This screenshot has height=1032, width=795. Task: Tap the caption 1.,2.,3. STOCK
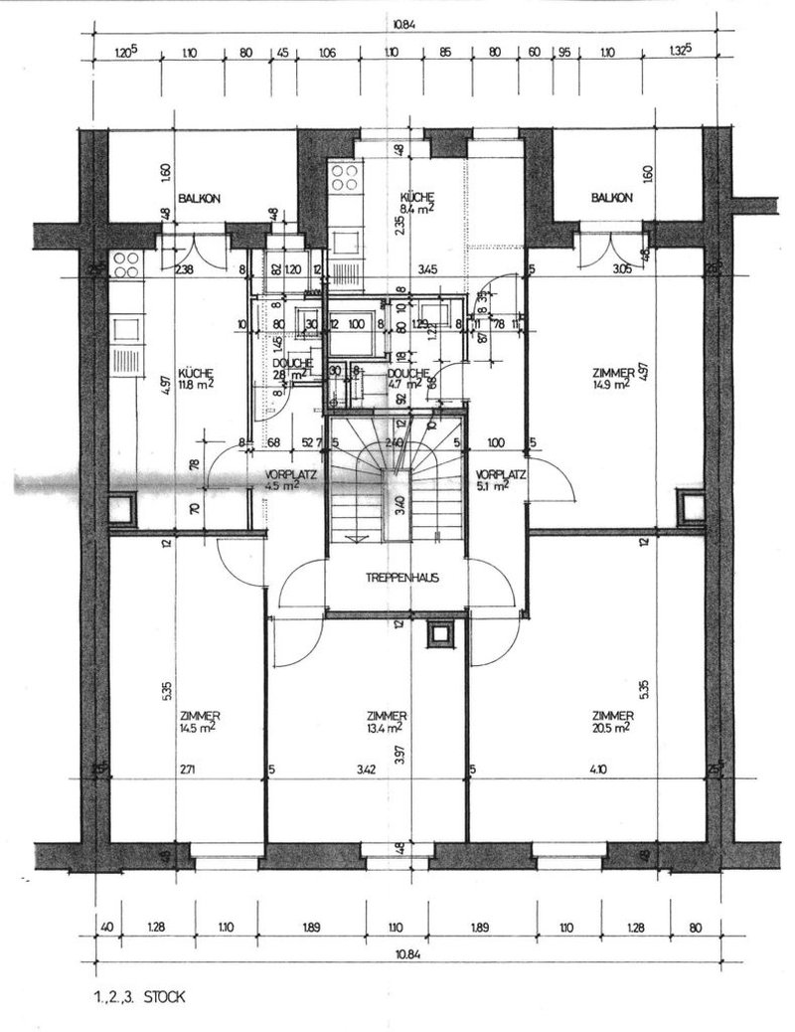coord(138,993)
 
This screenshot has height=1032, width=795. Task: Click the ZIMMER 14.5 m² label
coord(200,722)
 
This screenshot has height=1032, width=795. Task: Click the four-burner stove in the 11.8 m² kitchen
coord(128,264)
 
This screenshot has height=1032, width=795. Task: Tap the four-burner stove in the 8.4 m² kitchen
coord(344,179)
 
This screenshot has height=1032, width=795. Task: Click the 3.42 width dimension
coord(368,770)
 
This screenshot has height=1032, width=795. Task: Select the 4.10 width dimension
coord(595,770)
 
